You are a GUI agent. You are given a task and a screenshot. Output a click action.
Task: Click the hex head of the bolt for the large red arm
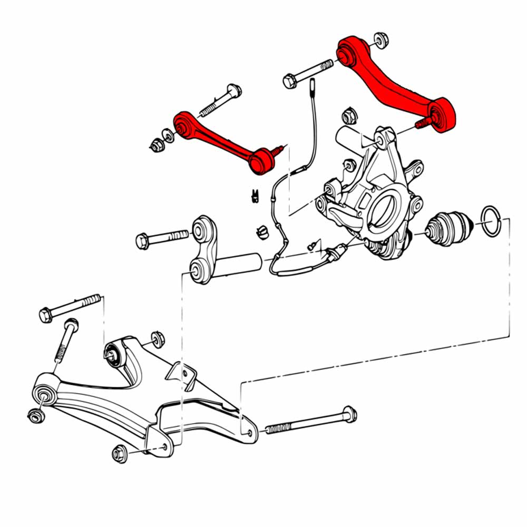click(289, 81)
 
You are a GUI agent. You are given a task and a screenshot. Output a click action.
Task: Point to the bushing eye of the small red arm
click(183, 125)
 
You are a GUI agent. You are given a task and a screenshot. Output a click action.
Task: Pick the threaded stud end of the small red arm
click(279, 151)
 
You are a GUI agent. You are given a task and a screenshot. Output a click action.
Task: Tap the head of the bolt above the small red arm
click(234, 90)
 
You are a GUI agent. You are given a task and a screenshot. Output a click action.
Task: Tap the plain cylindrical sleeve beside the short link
click(240, 263)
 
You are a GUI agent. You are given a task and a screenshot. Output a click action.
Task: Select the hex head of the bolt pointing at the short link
click(142, 241)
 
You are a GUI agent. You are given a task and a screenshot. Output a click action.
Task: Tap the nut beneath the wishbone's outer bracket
click(119, 453)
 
